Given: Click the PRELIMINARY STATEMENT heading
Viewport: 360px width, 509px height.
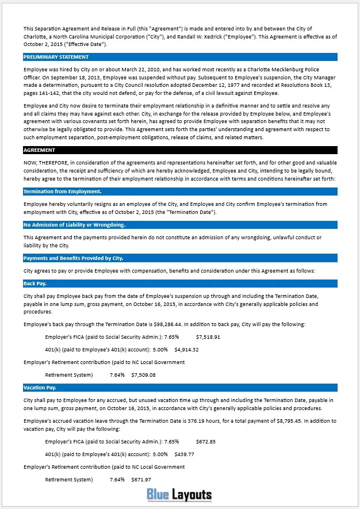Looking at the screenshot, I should click(x=56, y=57).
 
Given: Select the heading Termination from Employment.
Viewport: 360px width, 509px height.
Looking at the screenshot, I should click(x=63, y=191).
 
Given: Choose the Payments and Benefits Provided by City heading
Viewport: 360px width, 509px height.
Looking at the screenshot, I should click(x=73, y=258).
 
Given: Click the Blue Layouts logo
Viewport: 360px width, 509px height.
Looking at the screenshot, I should click(x=179, y=494).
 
